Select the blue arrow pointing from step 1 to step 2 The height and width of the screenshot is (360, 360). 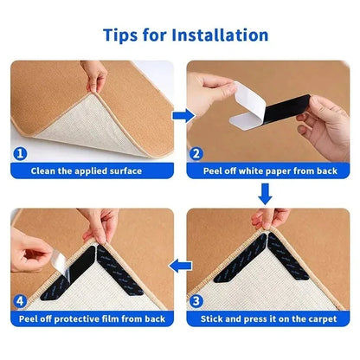point(179,113)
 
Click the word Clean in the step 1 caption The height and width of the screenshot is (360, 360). point(46,171)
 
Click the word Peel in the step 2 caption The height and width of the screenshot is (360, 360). point(218,171)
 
